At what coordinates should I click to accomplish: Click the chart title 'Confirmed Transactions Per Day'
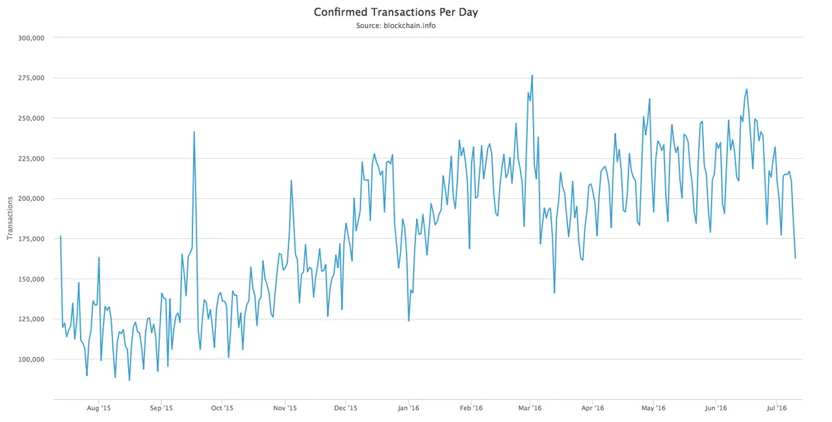tap(396, 12)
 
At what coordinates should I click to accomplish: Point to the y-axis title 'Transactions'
tap(10, 218)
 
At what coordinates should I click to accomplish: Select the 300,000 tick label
tap(31, 38)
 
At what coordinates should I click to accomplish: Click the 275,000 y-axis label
tap(31, 78)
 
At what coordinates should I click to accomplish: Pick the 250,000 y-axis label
tap(31, 118)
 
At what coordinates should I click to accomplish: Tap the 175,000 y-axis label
tap(31, 239)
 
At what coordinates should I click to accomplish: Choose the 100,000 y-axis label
tap(31, 360)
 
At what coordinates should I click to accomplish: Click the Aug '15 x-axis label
tap(98, 408)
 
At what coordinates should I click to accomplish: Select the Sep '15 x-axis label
tap(161, 408)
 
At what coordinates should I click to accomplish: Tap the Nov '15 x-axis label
tap(285, 408)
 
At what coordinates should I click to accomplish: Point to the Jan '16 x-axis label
tap(408, 408)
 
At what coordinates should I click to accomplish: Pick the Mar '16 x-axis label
tap(530, 408)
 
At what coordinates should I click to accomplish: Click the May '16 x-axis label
tap(653, 408)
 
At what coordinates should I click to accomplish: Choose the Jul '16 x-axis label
tap(777, 408)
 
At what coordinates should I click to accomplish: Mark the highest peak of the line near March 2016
tap(532, 75)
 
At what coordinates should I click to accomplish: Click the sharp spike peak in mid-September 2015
tap(194, 132)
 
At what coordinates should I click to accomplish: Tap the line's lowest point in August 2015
tap(129, 380)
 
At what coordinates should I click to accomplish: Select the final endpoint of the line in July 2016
tap(795, 258)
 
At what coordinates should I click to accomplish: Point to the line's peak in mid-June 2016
tap(747, 89)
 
